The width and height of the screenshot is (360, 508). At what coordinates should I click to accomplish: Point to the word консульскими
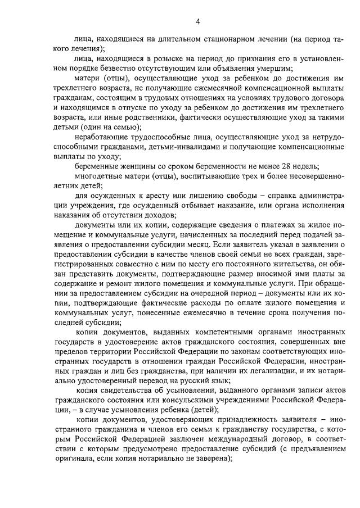click(208, 392)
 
